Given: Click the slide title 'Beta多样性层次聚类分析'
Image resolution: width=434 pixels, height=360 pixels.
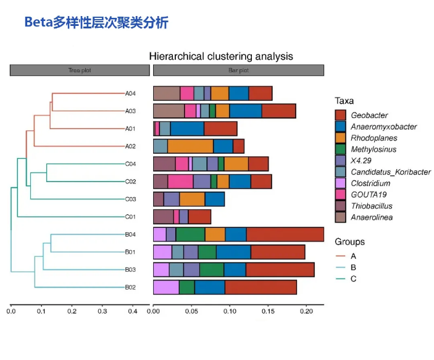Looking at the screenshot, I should click(x=96, y=23).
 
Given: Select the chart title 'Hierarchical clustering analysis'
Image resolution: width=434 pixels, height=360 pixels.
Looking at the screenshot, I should click(x=221, y=56).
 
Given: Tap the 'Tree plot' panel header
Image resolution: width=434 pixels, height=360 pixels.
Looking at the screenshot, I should click(x=79, y=70).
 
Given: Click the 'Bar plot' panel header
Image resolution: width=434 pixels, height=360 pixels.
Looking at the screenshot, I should click(x=238, y=70).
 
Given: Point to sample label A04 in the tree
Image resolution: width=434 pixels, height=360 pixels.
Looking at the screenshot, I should click(x=130, y=94).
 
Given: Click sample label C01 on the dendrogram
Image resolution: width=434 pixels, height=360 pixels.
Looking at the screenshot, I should click(x=130, y=217).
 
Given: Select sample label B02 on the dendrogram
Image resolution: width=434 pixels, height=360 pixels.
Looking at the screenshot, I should click(x=130, y=287).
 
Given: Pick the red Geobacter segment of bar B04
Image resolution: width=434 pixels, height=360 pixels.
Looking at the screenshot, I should click(x=285, y=234).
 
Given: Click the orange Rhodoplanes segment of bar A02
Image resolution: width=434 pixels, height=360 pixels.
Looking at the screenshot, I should click(x=190, y=146).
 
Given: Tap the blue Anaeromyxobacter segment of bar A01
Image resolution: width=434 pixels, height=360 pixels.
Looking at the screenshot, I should click(x=187, y=128).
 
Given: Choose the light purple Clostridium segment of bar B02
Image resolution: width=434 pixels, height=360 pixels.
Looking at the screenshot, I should click(x=165, y=287).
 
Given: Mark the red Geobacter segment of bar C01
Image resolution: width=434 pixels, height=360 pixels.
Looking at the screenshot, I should click(x=199, y=217).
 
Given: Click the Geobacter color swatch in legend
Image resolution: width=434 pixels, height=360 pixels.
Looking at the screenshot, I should click(x=340, y=115).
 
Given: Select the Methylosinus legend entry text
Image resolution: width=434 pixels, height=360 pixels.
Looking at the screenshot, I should click(x=374, y=149).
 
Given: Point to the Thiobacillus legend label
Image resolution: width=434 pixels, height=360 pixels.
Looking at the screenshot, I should click(x=372, y=206).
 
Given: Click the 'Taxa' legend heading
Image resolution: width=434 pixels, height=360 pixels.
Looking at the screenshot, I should click(x=344, y=101).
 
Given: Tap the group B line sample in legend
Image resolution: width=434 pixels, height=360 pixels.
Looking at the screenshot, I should click(x=340, y=267).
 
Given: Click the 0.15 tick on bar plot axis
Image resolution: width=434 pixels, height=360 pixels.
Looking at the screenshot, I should click(x=268, y=311).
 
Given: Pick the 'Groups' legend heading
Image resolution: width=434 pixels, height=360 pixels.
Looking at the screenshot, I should click(x=349, y=241).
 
